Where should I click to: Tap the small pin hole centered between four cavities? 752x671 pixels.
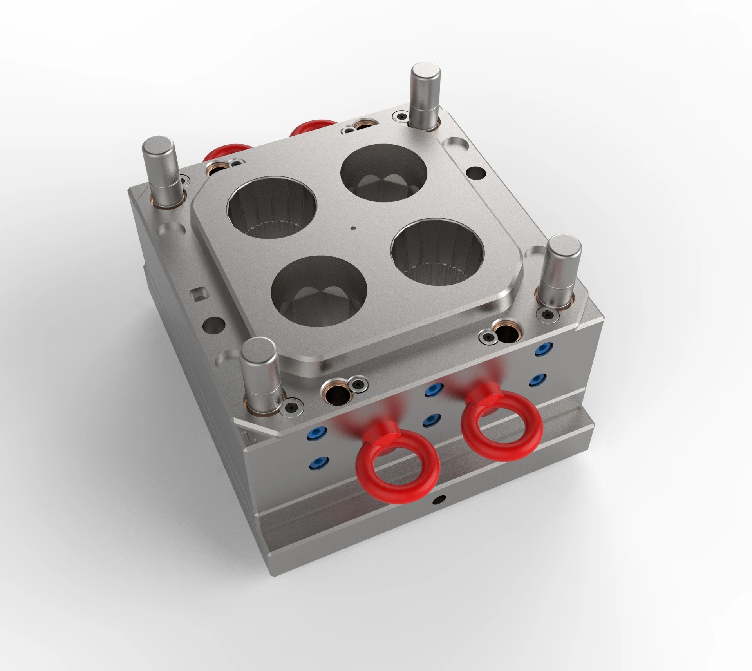[x=353, y=227]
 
